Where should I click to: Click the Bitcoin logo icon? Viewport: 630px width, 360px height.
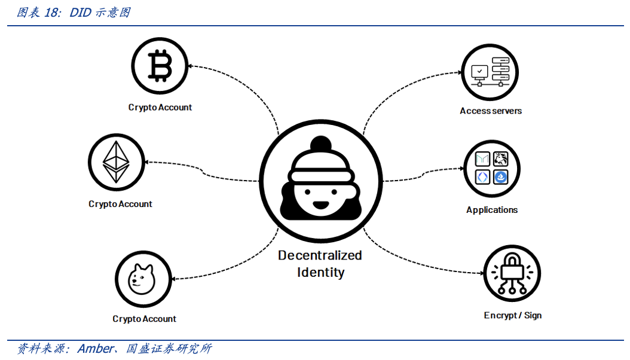(160, 65)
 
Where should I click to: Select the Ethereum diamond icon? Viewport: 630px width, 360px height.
(117, 161)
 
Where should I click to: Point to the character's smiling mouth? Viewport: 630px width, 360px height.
(321, 204)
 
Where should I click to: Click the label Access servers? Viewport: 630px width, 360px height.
(490, 111)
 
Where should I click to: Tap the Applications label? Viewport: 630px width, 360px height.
(492, 210)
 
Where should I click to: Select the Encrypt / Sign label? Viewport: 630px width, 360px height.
(512, 315)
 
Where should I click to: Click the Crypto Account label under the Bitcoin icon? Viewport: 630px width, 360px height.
(160, 108)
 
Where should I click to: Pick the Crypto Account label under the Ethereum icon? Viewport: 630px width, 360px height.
(120, 204)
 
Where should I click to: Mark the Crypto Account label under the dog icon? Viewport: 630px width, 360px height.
(144, 319)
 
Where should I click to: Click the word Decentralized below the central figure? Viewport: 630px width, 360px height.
(320, 255)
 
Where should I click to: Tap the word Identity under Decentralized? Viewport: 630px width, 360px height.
(321, 273)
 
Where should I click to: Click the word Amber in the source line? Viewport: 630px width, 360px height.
(95, 349)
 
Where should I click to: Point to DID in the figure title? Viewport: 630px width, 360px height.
(80, 13)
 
